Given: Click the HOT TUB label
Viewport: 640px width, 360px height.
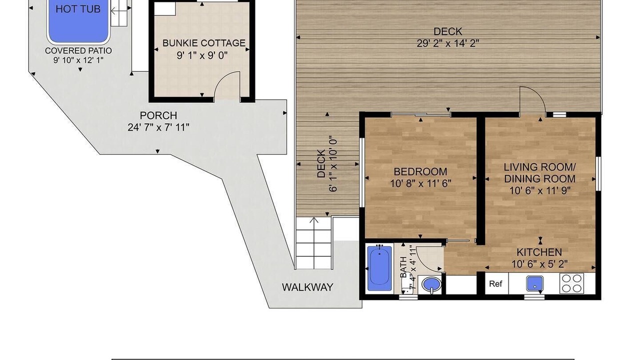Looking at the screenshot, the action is pos(78,9).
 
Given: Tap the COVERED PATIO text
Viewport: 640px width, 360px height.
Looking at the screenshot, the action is pos(78,51).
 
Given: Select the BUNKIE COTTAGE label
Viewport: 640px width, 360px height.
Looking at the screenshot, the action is pos(204,43).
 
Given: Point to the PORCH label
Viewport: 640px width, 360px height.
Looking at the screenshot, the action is pos(158,115).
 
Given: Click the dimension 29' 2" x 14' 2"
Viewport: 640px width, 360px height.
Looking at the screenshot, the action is pos(447,43).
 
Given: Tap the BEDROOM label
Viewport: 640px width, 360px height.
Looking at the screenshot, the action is pos(420,171).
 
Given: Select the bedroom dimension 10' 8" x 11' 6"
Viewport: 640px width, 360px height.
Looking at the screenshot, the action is pos(420,183).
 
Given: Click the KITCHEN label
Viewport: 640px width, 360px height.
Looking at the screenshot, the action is pos(539,252).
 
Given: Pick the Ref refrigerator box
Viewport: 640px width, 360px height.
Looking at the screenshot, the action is pos(496,283).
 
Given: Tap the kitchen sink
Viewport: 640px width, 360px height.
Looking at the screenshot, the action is pos(534,283).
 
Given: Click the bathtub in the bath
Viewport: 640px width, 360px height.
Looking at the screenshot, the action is pos(379,268).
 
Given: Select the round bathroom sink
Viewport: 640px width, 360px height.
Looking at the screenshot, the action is pos(431,284).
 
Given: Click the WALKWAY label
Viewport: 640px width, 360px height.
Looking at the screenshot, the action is pos(307,287).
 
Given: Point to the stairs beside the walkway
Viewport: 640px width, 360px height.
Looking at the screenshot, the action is pos(314,243).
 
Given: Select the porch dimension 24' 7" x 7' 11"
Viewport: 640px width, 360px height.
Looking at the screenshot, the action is pos(158,127).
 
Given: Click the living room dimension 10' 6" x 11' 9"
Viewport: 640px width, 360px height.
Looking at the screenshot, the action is pos(540,190).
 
